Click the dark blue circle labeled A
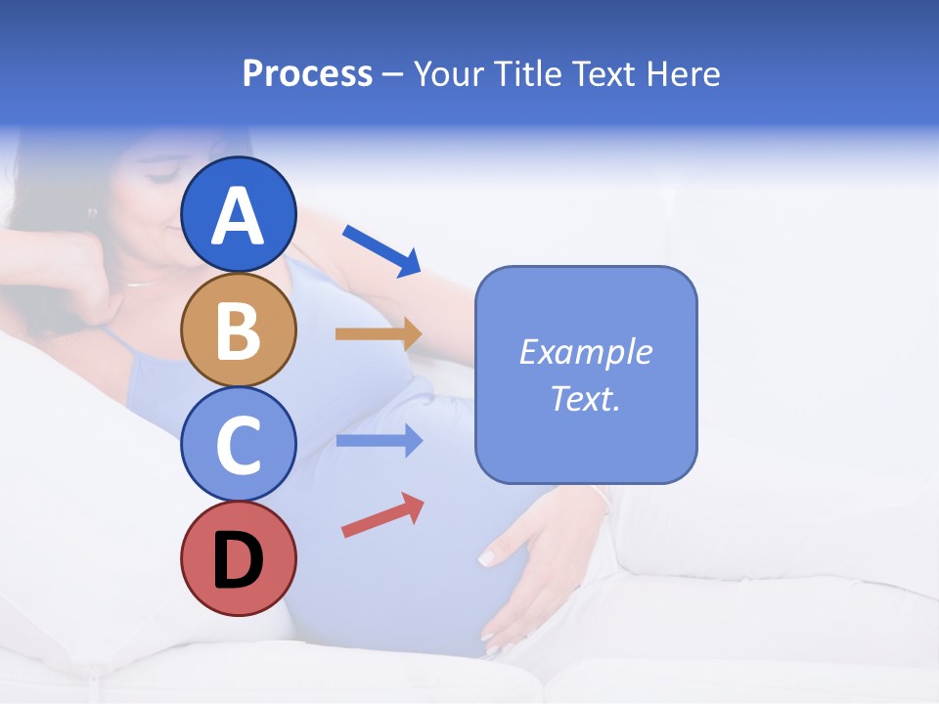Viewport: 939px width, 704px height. tap(239, 214)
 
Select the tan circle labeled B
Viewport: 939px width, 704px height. tap(239, 330)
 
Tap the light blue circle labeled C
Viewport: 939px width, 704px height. tap(239, 444)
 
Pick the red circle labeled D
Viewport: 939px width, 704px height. tap(239, 558)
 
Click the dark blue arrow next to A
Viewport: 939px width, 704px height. tap(381, 250)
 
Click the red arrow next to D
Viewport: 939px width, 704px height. tap(382, 514)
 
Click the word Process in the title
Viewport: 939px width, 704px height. tap(307, 74)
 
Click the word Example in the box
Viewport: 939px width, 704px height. tap(585, 352)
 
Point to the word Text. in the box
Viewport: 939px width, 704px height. tap(585, 398)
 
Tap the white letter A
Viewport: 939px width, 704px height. tap(239, 216)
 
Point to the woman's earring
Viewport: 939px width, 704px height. tap(93, 211)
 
